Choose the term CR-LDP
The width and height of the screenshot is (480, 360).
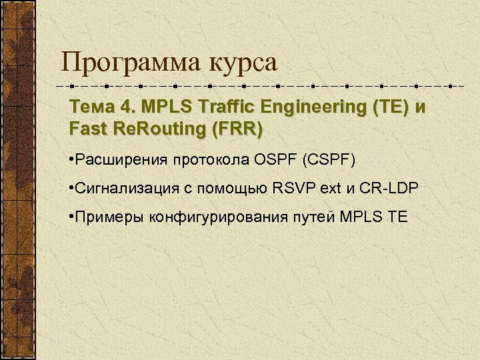pyautogui.click(x=388, y=189)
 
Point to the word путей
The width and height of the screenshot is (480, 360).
pyautogui.click(x=314, y=217)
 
